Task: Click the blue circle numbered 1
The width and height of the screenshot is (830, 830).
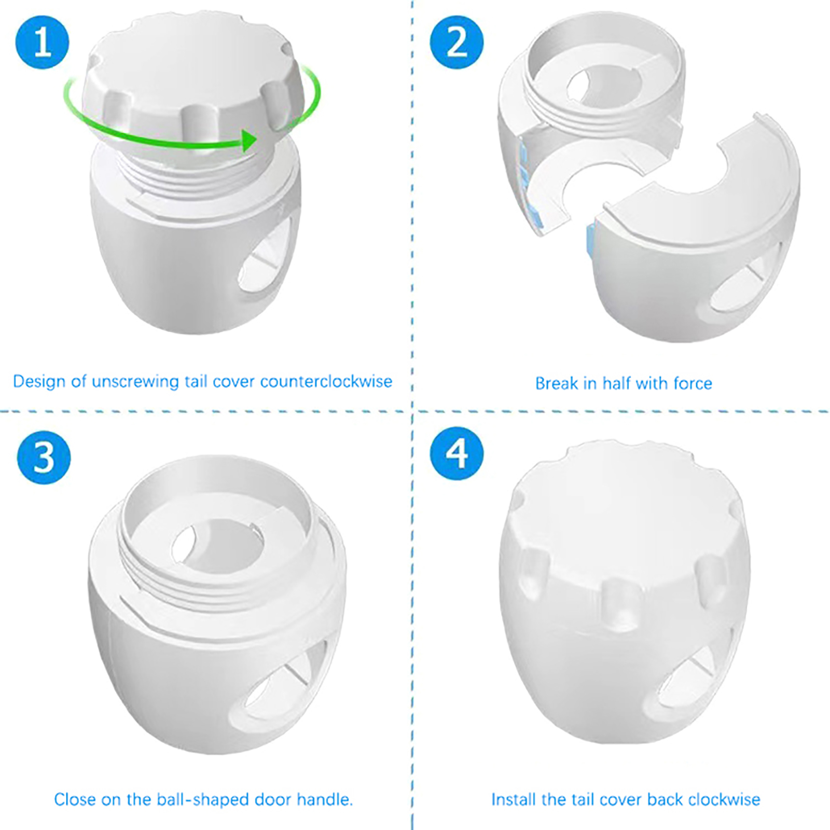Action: pos(43,42)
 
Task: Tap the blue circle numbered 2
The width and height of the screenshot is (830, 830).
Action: pos(457,42)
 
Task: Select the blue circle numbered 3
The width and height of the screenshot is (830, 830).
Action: pos(44,458)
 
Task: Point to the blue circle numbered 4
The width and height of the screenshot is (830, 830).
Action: pos(457,453)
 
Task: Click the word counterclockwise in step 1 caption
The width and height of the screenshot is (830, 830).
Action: pos(326,381)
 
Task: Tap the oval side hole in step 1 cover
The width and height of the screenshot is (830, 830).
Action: pos(265,259)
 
